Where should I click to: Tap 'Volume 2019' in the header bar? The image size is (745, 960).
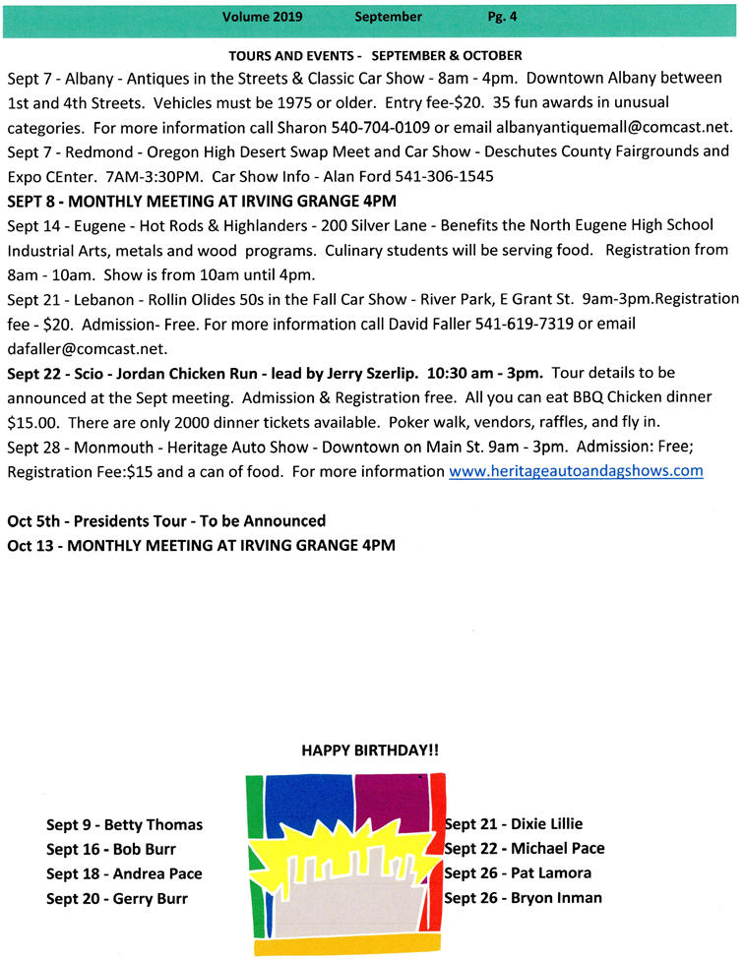coord(262,17)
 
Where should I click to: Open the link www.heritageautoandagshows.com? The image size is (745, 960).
coord(576,471)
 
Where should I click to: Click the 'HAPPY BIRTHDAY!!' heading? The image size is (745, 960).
coord(370,750)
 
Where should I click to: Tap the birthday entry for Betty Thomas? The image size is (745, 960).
coord(124,824)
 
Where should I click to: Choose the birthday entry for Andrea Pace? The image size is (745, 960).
coord(124,873)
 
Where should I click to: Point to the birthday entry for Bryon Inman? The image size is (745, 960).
coord(523,897)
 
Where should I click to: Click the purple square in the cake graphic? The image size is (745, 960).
coord(389,802)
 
